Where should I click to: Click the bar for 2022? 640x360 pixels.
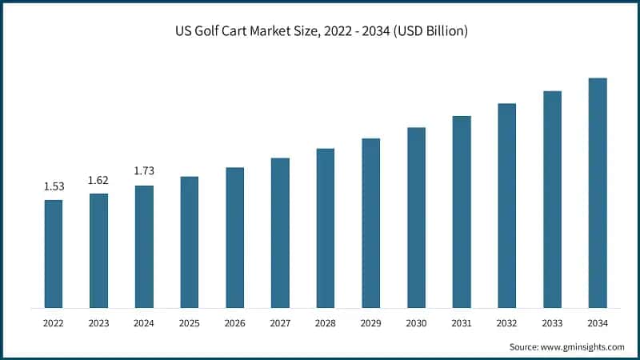[54, 254]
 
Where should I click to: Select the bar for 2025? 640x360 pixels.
[190, 242]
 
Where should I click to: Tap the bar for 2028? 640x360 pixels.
[325, 228]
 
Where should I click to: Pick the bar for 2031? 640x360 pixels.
[462, 211]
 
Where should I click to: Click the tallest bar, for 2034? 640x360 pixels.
[598, 193]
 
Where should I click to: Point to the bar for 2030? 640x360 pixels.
[416, 218]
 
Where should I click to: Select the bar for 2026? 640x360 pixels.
[234, 238]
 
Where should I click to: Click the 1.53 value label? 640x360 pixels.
[54, 186]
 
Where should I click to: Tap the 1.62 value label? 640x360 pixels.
[98, 180]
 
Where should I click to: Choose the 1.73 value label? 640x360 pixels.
[144, 171]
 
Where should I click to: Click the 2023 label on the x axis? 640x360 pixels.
[98, 323]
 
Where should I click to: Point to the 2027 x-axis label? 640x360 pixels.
[280, 323]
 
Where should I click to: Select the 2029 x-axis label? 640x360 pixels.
[370, 323]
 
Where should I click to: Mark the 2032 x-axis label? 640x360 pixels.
[506, 323]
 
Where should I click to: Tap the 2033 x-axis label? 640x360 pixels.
[552, 323]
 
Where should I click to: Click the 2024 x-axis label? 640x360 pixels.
[144, 323]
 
